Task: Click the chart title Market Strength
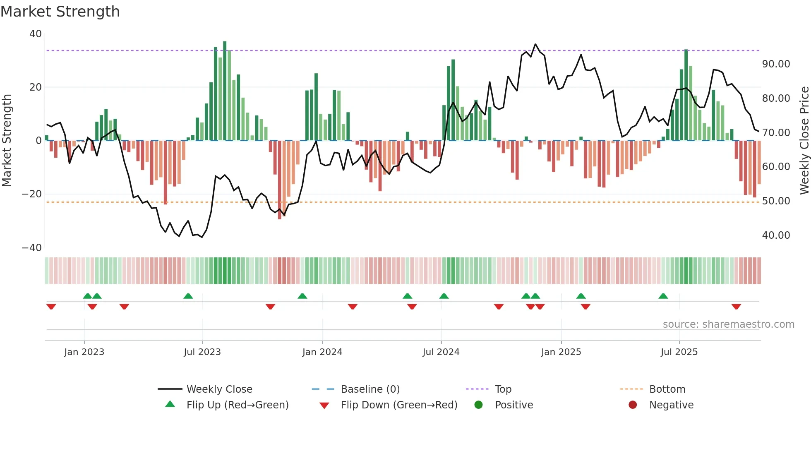tap(60, 12)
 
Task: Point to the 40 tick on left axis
tap(36, 34)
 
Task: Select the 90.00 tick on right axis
tap(776, 64)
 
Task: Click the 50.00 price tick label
tap(776, 201)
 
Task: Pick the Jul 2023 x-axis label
tap(202, 352)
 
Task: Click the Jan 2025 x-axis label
tap(561, 352)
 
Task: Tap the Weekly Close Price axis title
tap(804, 141)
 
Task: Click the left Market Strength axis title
tap(7, 141)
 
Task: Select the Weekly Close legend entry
tap(219, 389)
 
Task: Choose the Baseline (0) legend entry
tap(370, 389)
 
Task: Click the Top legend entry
tap(503, 389)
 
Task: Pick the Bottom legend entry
tap(667, 389)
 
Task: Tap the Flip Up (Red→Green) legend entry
tap(237, 405)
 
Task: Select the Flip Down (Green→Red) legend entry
tap(399, 405)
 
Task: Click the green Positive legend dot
tap(478, 405)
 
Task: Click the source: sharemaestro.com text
tap(728, 324)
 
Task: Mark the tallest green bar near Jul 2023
tap(225, 91)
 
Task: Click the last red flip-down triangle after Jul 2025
tap(736, 307)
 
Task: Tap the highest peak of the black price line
tap(535, 44)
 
